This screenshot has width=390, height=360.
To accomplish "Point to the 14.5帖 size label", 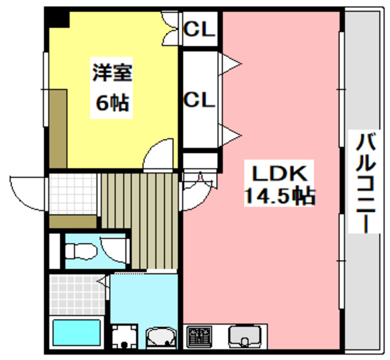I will (x=279, y=196).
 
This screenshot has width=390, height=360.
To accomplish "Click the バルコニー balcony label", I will (x=366, y=183).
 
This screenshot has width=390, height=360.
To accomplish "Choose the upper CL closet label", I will (x=200, y=29).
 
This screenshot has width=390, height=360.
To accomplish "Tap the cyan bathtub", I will (x=77, y=332).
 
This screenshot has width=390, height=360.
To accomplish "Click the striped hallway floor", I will (x=139, y=219).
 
